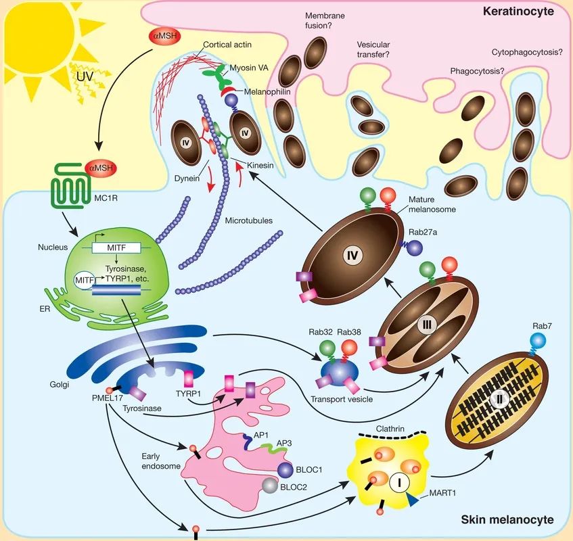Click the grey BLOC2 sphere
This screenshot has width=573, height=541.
(271, 485)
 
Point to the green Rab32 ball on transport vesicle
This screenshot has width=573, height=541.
(328, 348)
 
